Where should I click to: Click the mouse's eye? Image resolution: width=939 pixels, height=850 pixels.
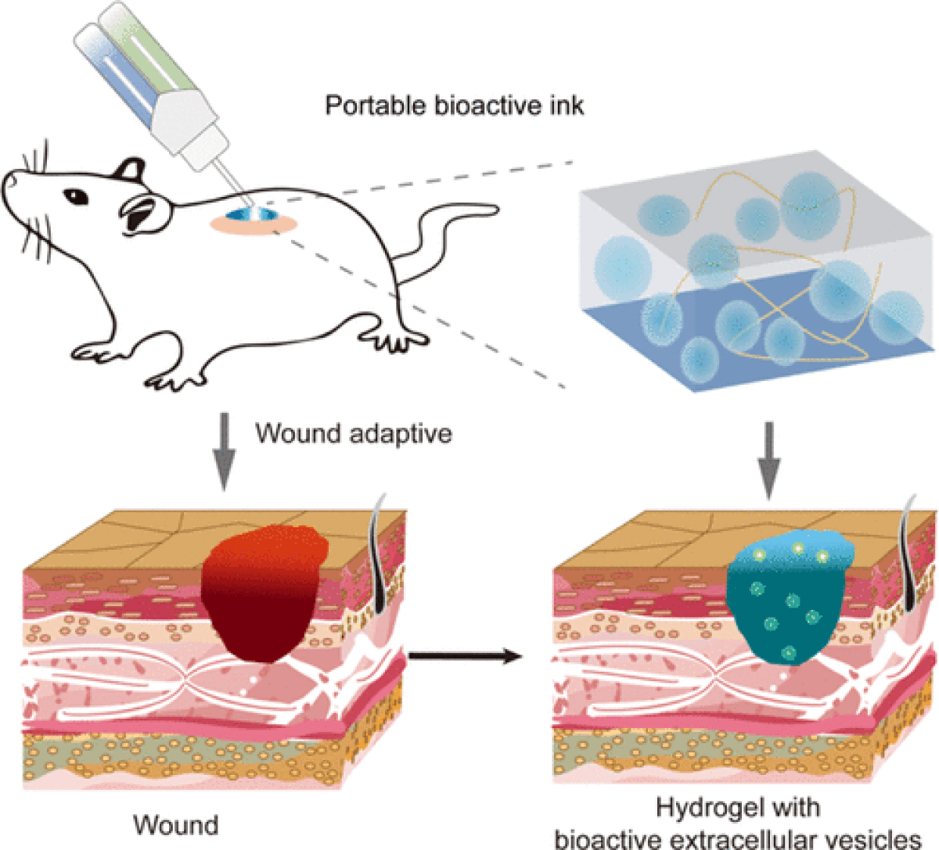point(73,195)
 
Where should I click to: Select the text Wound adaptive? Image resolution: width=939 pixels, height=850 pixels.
point(353,432)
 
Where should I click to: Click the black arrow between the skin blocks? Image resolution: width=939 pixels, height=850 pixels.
point(465,655)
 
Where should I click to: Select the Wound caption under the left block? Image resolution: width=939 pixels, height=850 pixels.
point(176,824)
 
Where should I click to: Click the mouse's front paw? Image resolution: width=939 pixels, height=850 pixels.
point(168,381)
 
